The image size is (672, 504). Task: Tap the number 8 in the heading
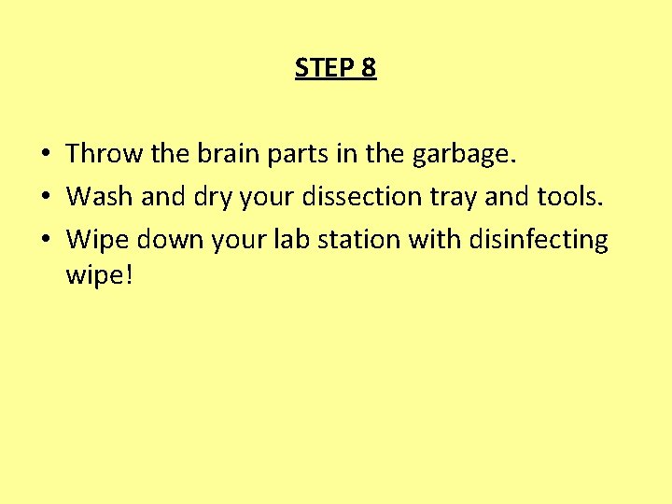[x=368, y=68]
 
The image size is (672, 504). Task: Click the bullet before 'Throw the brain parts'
[x=46, y=153]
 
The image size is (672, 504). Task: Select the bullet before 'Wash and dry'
[x=46, y=196]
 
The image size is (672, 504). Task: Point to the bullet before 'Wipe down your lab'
[x=46, y=240]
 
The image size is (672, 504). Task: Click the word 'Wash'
[x=100, y=196]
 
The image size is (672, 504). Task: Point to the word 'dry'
[x=197, y=197]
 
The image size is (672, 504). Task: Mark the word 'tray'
[x=467, y=197]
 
